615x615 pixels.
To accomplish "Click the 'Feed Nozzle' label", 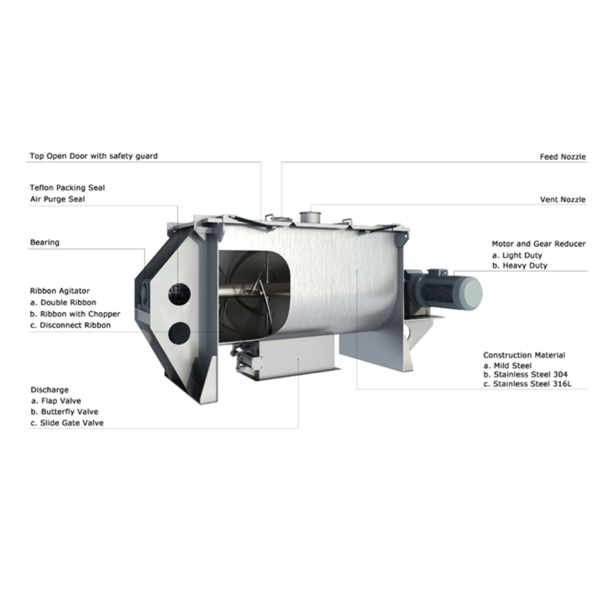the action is coord(563,157).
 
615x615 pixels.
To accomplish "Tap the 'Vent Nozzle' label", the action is coord(563,200).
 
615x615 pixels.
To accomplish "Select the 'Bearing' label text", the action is coord(45,242).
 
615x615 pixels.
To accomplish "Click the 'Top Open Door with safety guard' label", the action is coord(93,156).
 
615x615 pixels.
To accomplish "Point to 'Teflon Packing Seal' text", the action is coord(68,188).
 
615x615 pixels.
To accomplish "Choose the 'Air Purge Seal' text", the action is coord(57,199).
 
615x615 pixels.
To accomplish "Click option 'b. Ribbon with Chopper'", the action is coord(75,314).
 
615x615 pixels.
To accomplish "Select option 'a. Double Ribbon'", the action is coord(63,303).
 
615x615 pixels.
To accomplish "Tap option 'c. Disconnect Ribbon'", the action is coord(71,325).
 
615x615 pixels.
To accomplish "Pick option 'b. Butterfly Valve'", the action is coord(65,412).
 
